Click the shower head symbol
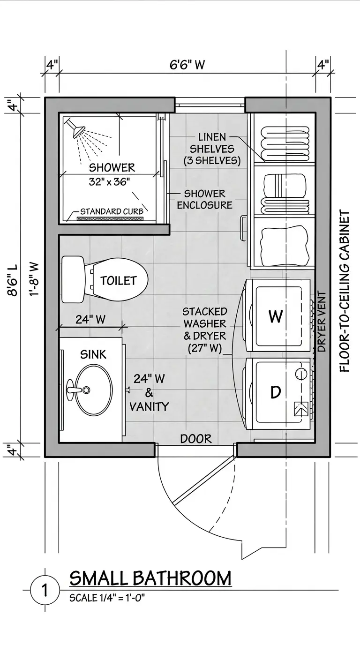[75, 127]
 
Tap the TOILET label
[119, 280]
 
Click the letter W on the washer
[276, 316]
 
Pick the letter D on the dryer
[276, 392]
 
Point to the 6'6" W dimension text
[187, 65]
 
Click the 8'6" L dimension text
[13, 280]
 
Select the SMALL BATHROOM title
[150, 578]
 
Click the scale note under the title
[107, 598]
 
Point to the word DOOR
[196, 439]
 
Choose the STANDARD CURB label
[112, 212]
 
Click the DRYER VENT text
[322, 322]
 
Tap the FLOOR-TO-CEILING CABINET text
[345, 291]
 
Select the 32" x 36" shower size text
[109, 182]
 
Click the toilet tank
[73, 279]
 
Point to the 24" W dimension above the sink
[90, 319]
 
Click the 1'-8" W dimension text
[34, 279]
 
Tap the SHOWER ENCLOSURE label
[205, 199]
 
